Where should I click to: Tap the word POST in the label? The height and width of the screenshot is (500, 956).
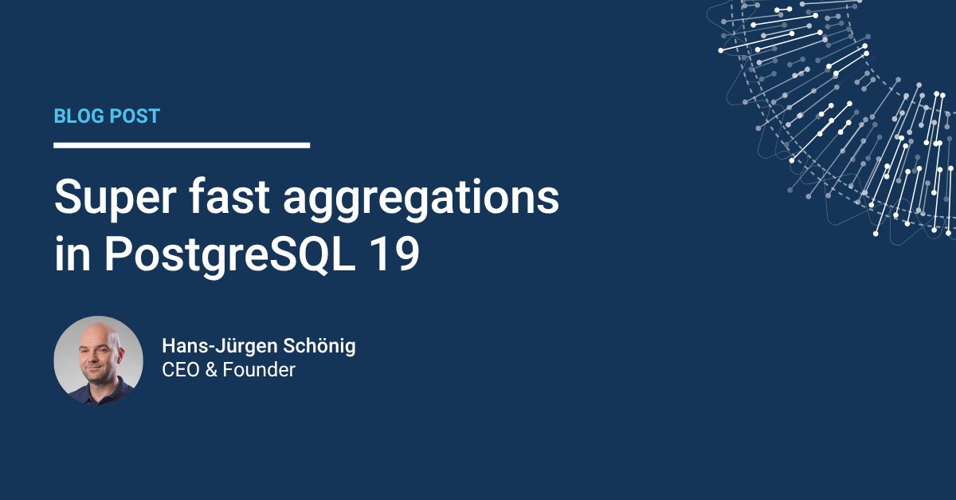coord(134,116)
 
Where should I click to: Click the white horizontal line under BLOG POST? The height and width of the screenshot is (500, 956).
coord(182,145)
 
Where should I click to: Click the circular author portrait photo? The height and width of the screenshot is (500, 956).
coord(98,360)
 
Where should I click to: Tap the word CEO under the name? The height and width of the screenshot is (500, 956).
coord(179,370)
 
